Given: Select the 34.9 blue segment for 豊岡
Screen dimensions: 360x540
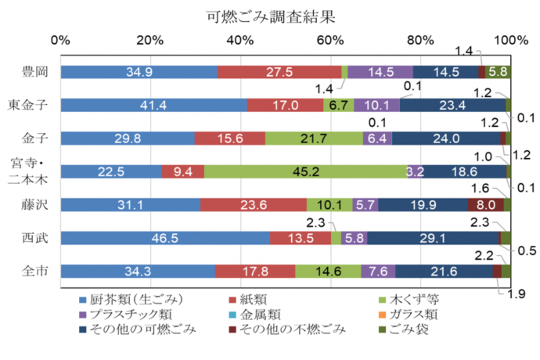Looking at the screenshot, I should coord(139,72).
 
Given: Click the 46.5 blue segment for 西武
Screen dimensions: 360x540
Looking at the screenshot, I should coord(165,238).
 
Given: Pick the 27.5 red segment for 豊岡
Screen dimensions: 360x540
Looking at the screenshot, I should coord(279,72).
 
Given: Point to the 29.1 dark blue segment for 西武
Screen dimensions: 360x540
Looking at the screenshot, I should coord(432,238).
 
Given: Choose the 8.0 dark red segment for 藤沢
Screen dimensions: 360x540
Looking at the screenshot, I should coord(485,205).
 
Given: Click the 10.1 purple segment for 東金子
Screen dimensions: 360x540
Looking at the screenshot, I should coord(376,105).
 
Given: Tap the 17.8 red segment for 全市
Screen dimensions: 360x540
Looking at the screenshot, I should coord(255,271).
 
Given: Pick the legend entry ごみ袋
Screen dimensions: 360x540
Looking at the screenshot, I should coord(411,329).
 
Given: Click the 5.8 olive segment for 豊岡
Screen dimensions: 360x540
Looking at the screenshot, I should coord(497,72).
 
